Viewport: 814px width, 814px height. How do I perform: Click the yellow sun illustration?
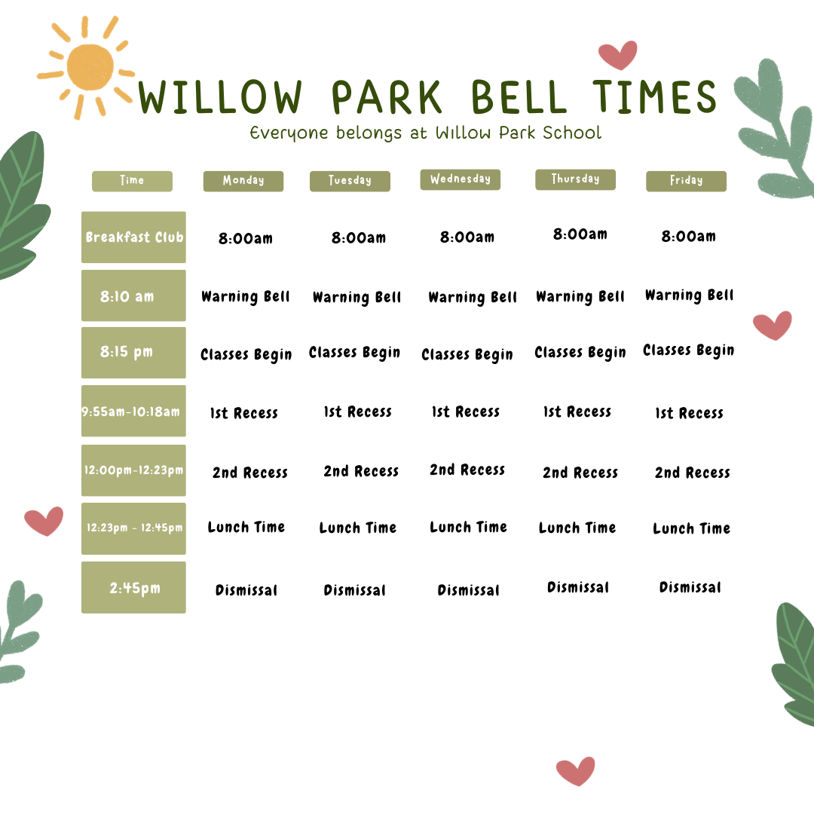coord(90,67)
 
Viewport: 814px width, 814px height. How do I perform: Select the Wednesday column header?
coord(460,179)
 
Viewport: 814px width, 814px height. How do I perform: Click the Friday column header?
coord(686,181)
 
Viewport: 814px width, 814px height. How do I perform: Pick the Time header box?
coord(132,181)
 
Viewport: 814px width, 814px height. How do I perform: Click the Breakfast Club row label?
coord(133,237)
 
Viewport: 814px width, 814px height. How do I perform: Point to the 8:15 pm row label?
coord(133,353)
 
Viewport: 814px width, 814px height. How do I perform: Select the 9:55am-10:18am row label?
coord(133,412)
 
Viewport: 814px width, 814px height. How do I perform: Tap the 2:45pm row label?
coord(133,588)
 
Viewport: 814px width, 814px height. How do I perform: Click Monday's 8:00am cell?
coord(246,239)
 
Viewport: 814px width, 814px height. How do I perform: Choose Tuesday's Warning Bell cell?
coord(357,298)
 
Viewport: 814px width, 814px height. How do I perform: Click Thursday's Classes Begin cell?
coord(580,353)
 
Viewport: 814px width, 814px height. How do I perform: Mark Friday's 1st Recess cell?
coord(689,413)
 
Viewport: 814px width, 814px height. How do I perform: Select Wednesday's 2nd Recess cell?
coord(467,470)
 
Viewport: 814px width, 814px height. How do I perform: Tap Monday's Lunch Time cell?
coord(246,528)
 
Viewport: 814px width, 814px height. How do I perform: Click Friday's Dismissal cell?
coord(690,588)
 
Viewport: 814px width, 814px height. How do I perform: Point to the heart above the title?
coord(617,54)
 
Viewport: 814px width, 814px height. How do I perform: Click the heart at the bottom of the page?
coord(575,770)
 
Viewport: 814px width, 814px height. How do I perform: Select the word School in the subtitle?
coord(574,133)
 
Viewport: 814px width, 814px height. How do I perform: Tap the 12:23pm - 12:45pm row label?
coord(133,528)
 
